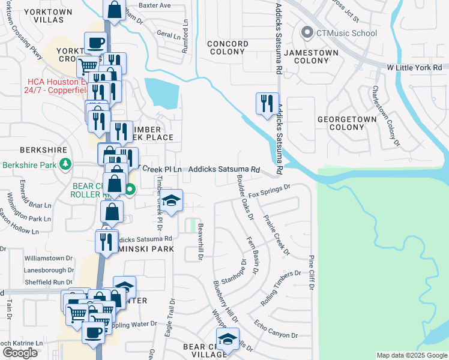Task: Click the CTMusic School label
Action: click(348, 32)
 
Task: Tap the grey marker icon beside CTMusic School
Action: click(308, 32)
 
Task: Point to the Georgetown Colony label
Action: click(347, 123)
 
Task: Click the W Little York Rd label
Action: click(414, 68)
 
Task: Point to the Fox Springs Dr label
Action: click(270, 190)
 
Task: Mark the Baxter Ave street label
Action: click(155, 5)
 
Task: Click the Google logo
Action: click(20, 353)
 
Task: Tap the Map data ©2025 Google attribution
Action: click(411, 355)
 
